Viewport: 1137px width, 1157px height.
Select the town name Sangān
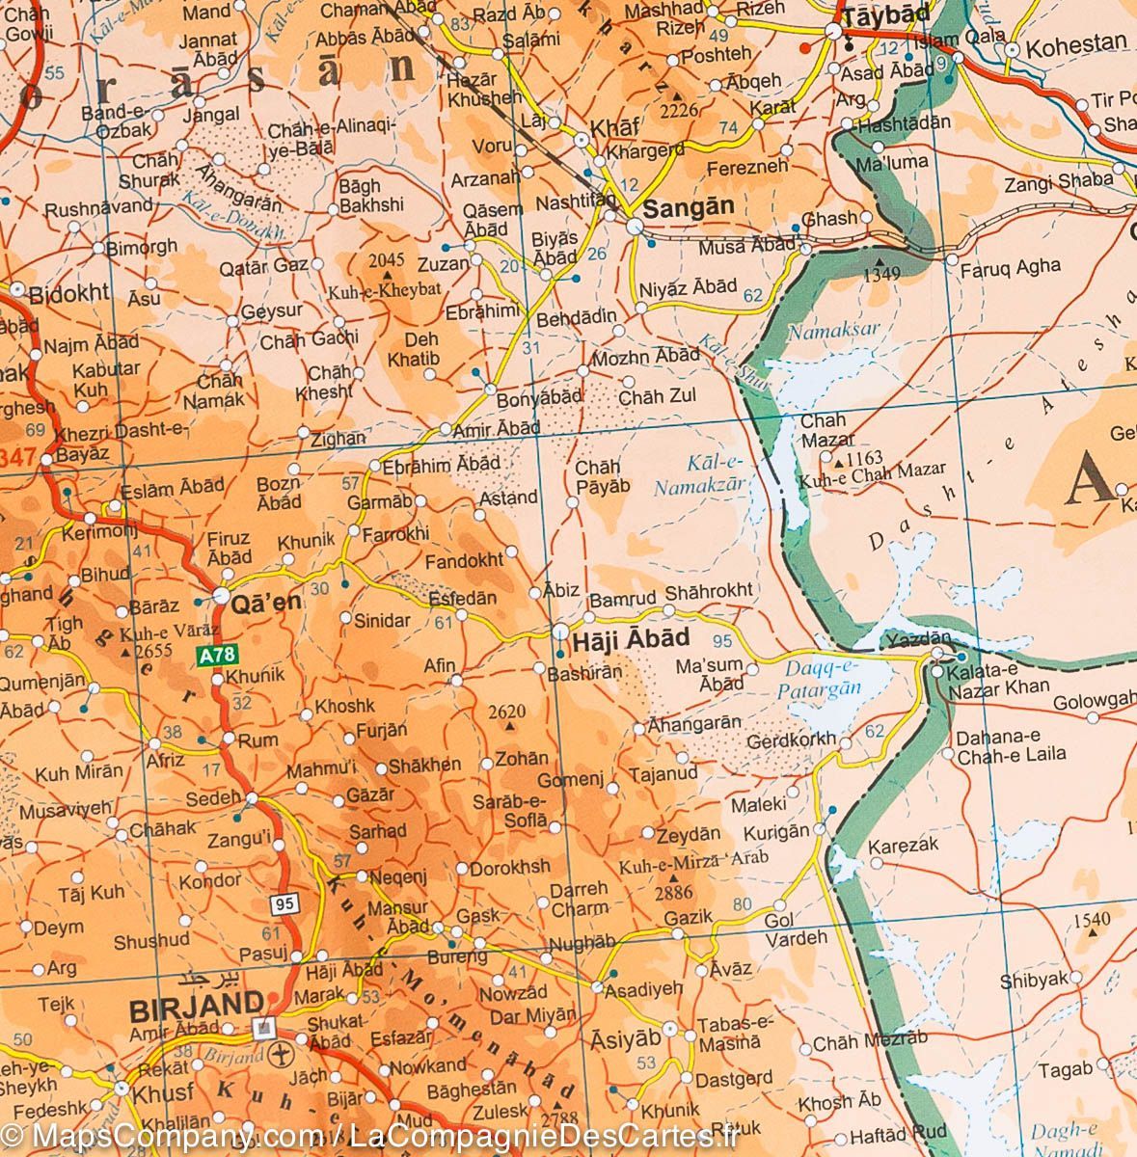tap(689, 206)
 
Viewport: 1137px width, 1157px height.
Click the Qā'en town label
tap(267, 602)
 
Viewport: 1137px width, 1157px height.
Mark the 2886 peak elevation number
tap(673, 894)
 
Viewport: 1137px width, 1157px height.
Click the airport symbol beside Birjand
tap(281, 1051)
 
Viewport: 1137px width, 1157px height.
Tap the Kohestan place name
tap(1076, 44)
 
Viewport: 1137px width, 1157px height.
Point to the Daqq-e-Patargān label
tap(818, 677)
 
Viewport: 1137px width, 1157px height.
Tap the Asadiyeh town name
tap(644, 988)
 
